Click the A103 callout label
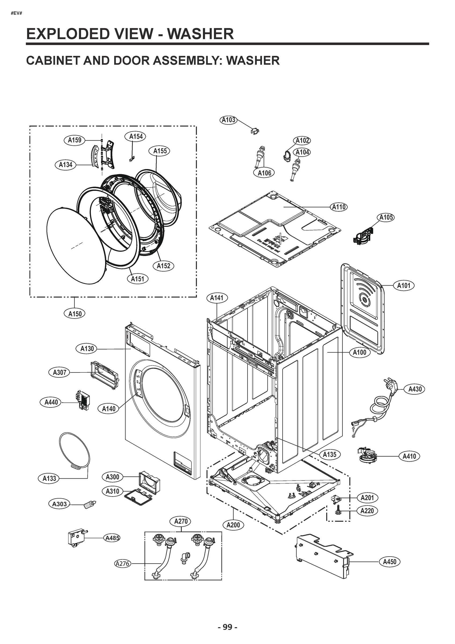(x=228, y=120)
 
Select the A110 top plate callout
(x=339, y=207)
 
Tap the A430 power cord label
(x=415, y=389)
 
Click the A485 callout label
(x=112, y=538)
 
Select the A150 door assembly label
(x=75, y=314)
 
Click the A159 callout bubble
(x=75, y=140)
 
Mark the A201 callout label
(x=367, y=498)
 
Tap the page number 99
(x=227, y=627)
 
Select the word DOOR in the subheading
(x=130, y=60)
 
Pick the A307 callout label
(x=60, y=372)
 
